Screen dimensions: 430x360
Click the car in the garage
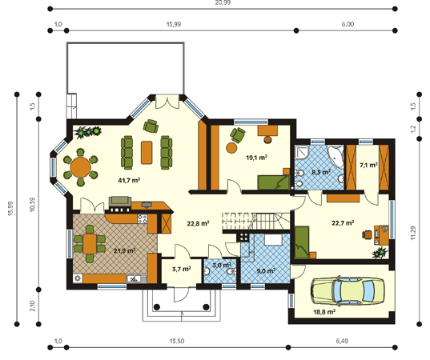click(x=348, y=291)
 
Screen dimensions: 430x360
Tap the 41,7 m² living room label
click(x=129, y=180)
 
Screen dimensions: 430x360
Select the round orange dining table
click(x=80, y=167)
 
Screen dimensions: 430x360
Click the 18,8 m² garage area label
click(x=324, y=312)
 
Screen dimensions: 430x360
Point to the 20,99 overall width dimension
click(x=223, y=2)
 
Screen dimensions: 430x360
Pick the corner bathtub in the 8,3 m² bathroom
click(x=336, y=157)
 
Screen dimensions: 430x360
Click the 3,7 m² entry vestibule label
click(x=181, y=269)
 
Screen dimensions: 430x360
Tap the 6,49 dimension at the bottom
click(x=342, y=341)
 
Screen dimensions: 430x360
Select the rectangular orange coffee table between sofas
click(x=147, y=152)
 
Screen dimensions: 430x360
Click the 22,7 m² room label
click(x=343, y=222)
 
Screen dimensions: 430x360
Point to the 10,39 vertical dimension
click(x=33, y=204)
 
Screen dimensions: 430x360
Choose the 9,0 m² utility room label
click(x=266, y=271)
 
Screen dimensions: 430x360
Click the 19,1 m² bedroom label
click(x=256, y=158)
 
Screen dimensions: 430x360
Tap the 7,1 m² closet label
click(x=368, y=165)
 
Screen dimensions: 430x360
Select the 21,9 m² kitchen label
click(x=124, y=250)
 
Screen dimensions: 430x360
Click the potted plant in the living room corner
click(x=88, y=132)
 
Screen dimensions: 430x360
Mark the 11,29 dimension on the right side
click(x=414, y=233)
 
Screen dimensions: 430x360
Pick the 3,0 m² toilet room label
click(x=222, y=265)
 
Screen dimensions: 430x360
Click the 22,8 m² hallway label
click(x=198, y=223)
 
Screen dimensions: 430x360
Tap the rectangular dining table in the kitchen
click(x=90, y=243)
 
